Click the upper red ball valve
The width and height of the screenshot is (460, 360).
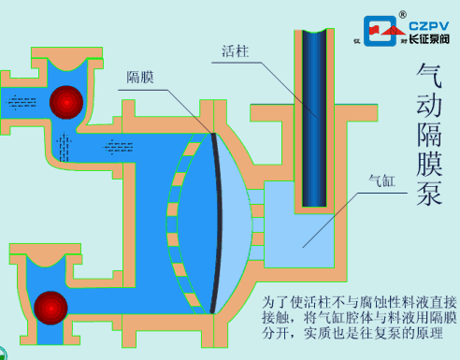[x=67, y=100]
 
